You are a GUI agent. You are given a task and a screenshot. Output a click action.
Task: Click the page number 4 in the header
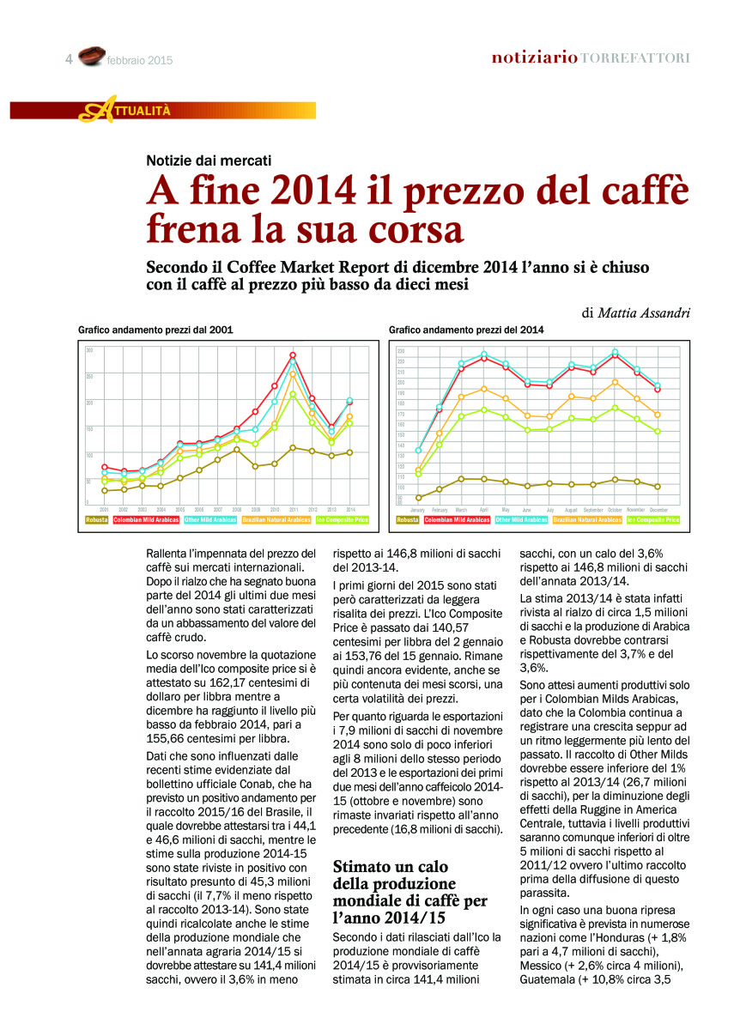[x=68, y=59]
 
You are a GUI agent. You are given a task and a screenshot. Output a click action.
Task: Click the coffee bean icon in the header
[x=91, y=58]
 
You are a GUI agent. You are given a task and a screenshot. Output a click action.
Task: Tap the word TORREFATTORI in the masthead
[x=635, y=58]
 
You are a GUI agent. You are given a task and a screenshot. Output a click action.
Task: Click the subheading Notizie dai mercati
[x=209, y=160]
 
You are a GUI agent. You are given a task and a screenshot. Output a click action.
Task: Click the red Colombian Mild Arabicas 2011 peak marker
[x=293, y=355]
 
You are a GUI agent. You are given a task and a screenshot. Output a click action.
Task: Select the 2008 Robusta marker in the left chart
[x=237, y=450]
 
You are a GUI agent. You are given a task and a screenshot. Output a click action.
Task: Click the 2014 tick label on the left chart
[x=349, y=509]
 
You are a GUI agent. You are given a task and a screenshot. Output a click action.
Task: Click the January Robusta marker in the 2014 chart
[x=419, y=497]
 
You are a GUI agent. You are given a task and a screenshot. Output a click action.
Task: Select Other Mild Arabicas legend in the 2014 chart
[x=521, y=519]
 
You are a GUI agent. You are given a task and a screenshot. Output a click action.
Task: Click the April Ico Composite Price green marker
[x=484, y=409]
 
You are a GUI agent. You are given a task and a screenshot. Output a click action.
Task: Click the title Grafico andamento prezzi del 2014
[x=466, y=330]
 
